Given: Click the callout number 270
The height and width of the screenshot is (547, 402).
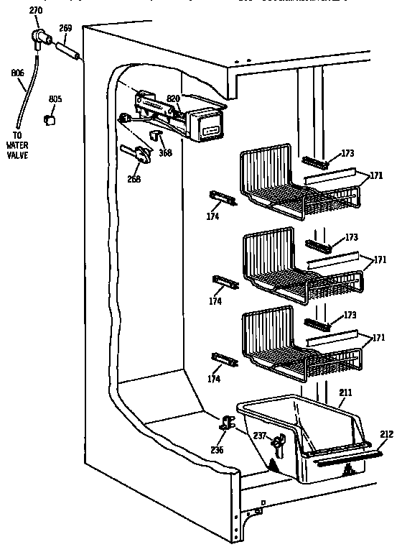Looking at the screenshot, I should pos(36,11).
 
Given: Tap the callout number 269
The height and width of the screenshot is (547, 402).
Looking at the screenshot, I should pos(65,29).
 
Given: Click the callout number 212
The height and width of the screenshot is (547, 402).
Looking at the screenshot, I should pos(387,433).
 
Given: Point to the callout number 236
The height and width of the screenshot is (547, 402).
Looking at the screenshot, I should pos(217,450).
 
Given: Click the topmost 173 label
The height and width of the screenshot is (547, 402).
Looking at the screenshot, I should pos(348,153).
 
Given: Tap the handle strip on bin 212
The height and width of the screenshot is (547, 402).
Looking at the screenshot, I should pos(344,456).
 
